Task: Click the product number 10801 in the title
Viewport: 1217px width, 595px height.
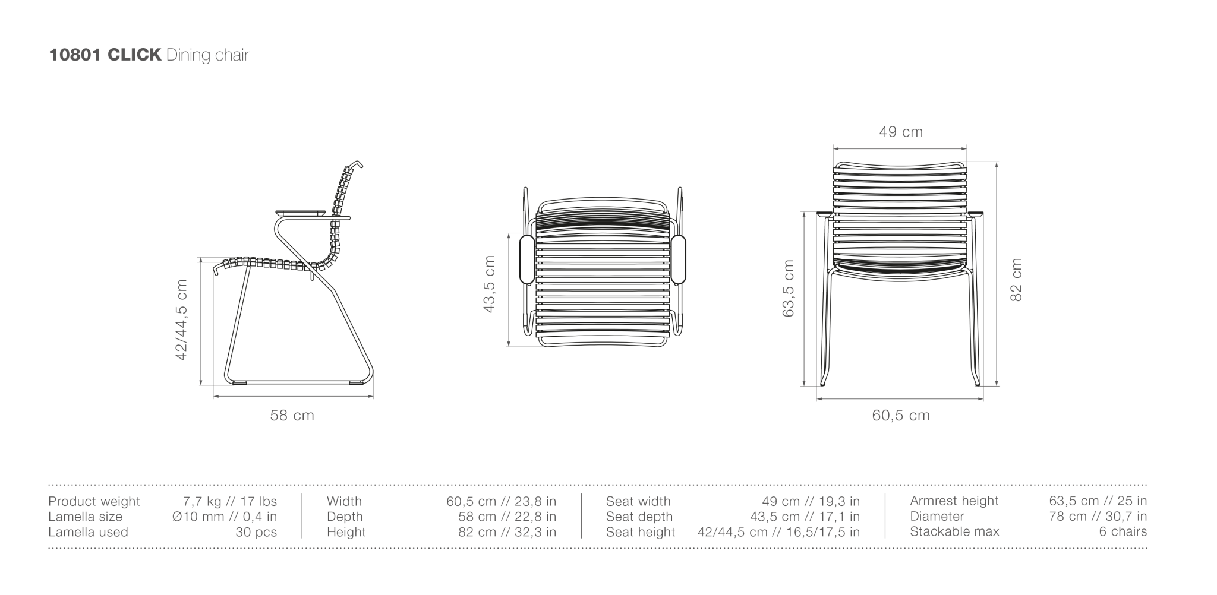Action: [75, 55]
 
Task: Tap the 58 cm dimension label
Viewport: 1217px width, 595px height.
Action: [292, 416]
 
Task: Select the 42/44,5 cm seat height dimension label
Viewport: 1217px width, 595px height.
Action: [182, 320]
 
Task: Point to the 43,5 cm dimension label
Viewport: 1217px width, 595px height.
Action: [490, 284]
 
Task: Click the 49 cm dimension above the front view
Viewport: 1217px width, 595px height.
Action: [901, 132]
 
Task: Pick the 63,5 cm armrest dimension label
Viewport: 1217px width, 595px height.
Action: [789, 289]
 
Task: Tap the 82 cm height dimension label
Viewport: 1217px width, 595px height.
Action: [1016, 280]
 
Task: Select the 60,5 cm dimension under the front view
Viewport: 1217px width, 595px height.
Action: [901, 416]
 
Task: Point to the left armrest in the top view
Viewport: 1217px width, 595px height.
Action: [526, 259]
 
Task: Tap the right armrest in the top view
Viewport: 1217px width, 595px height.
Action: [679, 259]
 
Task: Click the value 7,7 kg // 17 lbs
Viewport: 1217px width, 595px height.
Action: [230, 502]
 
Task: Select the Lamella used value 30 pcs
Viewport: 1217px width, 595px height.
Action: [256, 533]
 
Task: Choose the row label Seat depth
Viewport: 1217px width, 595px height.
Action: [639, 517]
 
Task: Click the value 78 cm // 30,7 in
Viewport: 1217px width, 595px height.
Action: [1098, 517]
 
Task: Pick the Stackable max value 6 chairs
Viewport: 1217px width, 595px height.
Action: [1123, 532]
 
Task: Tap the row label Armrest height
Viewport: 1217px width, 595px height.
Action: [954, 501]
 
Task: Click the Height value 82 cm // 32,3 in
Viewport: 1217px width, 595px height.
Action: [507, 533]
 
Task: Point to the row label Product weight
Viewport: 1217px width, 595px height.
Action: [94, 502]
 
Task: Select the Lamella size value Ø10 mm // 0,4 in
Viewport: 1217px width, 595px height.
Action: [225, 517]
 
